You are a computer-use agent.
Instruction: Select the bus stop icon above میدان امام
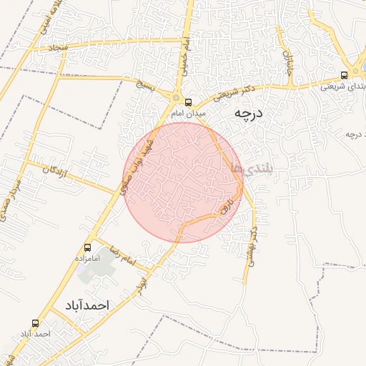click(x=189, y=102)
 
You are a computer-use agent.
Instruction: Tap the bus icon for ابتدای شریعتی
click(x=345, y=74)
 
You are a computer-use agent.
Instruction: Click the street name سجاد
click(x=56, y=46)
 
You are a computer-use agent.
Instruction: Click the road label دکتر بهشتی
click(x=251, y=247)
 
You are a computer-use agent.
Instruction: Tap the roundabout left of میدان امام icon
click(x=175, y=98)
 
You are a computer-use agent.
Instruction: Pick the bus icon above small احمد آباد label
click(x=36, y=323)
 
